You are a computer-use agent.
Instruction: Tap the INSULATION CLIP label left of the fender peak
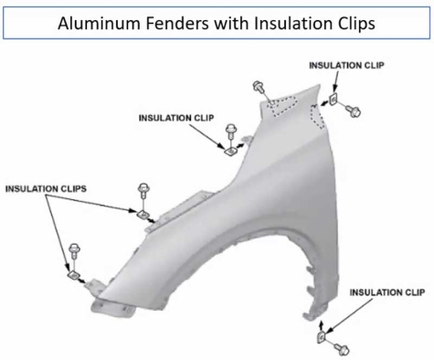click(178, 117)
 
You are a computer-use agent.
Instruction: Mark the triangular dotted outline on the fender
click(275, 103)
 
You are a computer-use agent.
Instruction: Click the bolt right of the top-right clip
click(354, 109)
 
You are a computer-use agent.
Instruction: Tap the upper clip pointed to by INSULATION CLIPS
click(143, 215)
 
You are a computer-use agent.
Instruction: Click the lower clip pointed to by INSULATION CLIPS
click(71, 271)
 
